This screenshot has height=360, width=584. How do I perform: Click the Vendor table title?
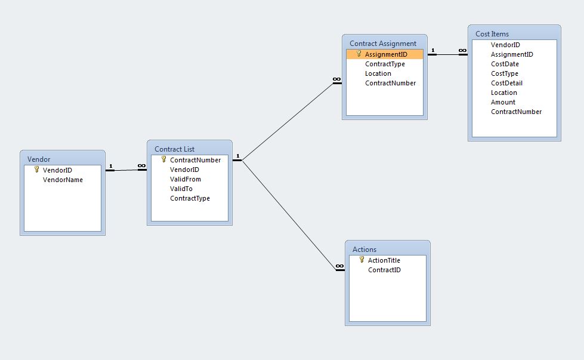point(39,159)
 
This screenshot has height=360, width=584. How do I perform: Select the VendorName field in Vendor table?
point(63,180)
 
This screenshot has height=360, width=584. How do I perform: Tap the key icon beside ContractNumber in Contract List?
point(163,159)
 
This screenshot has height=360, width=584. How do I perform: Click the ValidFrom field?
point(185,179)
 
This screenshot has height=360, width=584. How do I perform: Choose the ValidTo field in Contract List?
point(181,189)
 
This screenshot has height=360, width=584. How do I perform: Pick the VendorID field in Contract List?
point(184,170)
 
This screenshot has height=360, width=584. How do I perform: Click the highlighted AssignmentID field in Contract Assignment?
point(386,54)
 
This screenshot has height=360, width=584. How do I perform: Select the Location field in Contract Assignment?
point(378,73)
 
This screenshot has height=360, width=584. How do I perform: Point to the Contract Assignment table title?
point(383,44)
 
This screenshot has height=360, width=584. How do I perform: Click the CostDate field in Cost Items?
point(505,64)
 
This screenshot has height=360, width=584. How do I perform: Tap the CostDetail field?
point(506,83)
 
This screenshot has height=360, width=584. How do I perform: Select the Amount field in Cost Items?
point(503,102)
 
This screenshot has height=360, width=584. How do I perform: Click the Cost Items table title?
point(492,34)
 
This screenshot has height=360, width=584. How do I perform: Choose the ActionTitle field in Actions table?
point(384,260)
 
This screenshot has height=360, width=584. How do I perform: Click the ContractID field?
point(384,270)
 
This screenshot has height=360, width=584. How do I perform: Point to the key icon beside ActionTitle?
point(361,260)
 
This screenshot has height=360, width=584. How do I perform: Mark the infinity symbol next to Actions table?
point(339,266)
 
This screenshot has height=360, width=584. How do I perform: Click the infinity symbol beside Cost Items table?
point(462,51)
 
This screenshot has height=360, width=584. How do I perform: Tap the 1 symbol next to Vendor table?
point(110,166)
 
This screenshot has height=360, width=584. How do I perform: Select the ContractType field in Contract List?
point(190,198)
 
